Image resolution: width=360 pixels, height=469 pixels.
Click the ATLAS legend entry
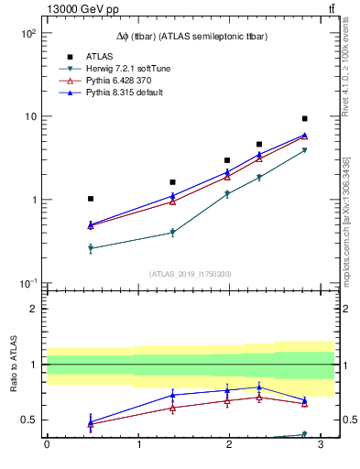99,56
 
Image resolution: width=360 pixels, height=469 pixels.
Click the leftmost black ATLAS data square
91,199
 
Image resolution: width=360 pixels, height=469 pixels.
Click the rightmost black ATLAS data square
304,119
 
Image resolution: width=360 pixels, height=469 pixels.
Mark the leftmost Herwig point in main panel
91,248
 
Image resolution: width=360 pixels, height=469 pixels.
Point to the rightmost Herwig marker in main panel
304,150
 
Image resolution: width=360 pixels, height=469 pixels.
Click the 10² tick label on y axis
27,34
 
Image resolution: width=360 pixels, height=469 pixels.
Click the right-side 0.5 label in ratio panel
349,420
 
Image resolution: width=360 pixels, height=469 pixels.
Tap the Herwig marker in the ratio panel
304,434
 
